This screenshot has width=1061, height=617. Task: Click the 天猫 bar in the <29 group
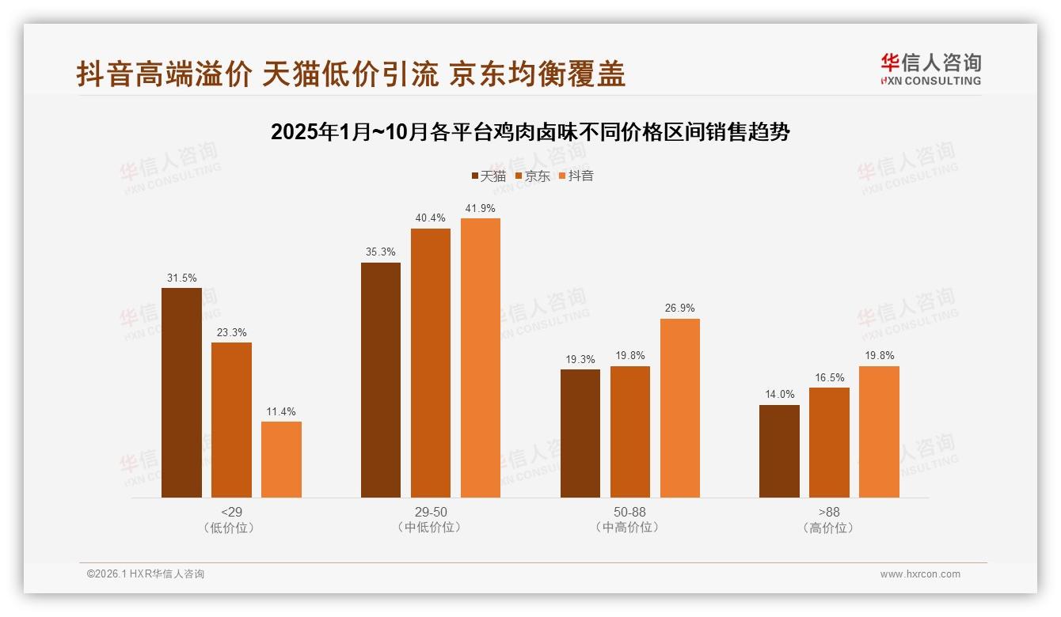(181, 392)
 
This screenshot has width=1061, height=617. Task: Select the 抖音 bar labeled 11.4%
(281, 459)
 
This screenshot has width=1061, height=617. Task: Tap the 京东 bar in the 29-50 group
(430, 363)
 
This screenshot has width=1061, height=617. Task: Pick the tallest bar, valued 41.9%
(481, 358)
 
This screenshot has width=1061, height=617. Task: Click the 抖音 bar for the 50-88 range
(679, 407)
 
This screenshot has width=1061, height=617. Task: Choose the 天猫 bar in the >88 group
(779, 451)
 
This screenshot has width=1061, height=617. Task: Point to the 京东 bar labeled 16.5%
(829, 442)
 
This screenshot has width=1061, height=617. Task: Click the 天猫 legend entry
(489, 176)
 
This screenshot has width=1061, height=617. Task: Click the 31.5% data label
(181, 278)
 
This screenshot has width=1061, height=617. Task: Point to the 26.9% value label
(679, 308)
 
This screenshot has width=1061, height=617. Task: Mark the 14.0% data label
(779, 395)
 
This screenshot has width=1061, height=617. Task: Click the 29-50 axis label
(430, 512)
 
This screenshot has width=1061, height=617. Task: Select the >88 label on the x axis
(829, 512)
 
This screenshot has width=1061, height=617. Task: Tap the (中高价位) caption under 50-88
(629, 528)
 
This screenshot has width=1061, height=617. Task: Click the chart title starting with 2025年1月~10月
(530, 132)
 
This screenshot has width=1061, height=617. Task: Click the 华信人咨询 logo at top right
(930, 69)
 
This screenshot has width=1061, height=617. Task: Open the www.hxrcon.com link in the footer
(920, 574)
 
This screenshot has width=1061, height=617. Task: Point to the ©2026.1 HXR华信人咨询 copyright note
(146, 574)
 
